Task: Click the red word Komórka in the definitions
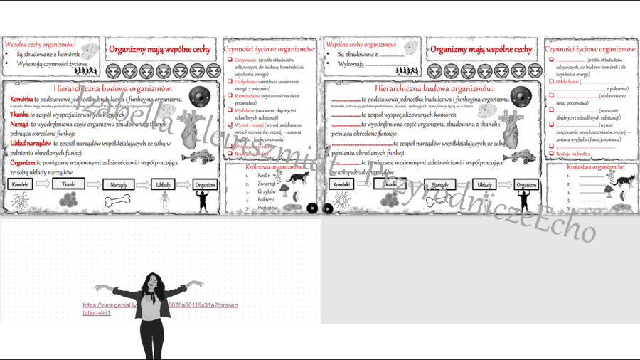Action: click(x=22, y=100)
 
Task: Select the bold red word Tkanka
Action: click(x=19, y=115)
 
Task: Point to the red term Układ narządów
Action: click(x=31, y=144)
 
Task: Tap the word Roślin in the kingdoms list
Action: click(x=265, y=175)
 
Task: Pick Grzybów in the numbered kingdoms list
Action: click(x=267, y=191)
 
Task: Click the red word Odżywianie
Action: click(x=245, y=60)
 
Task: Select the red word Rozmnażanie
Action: click(x=247, y=95)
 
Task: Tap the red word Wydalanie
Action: click(x=245, y=111)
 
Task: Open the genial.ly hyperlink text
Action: click(x=160, y=309)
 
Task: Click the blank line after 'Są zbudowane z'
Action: click(x=391, y=54)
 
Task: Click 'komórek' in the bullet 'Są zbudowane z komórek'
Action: click(x=68, y=54)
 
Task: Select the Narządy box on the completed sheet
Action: click(x=119, y=185)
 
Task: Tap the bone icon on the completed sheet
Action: click(x=118, y=201)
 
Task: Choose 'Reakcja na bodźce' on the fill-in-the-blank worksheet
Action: click(x=573, y=154)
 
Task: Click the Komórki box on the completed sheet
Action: click(x=20, y=184)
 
